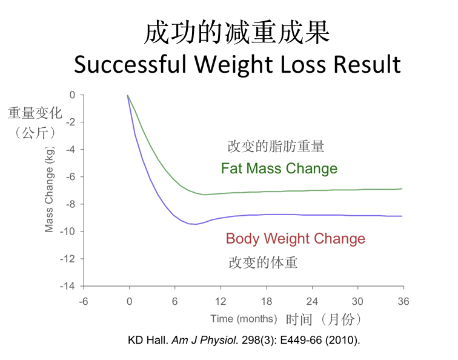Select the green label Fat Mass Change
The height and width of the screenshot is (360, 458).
tap(279, 168)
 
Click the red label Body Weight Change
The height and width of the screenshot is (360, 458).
tap(296, 238)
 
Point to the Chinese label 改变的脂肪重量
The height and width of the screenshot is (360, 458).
tap(276, 146)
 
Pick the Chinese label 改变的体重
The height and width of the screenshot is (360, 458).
tap(263, 262)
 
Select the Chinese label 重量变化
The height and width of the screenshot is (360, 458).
tap(32, 113)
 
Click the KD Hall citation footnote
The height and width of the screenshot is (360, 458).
tap(244, 340)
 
